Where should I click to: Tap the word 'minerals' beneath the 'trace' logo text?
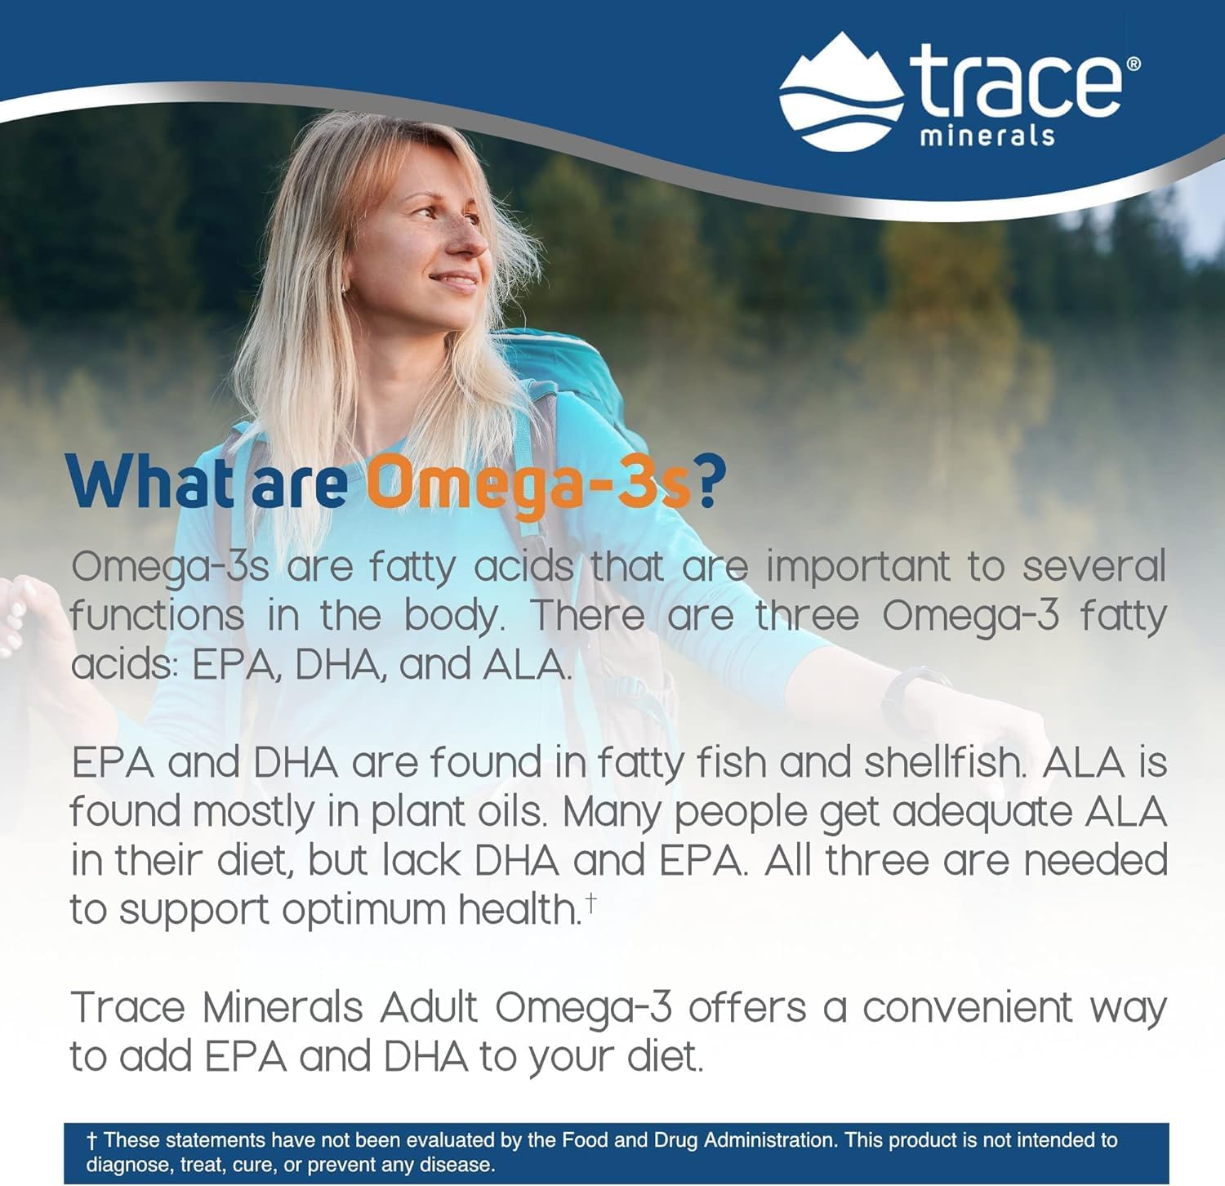(987, 135)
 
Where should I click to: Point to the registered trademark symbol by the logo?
(1134, 63)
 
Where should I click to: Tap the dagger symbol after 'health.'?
(590, 900)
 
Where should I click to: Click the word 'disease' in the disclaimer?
(465, 1165)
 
